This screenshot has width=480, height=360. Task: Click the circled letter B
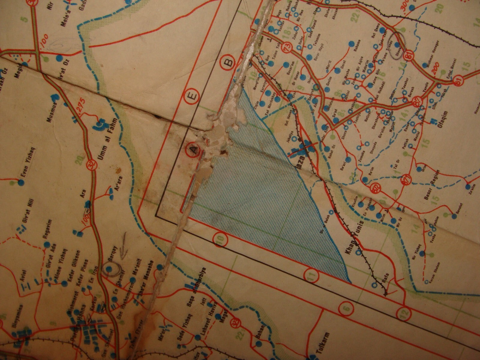229,63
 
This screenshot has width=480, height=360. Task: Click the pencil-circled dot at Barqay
110,268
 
